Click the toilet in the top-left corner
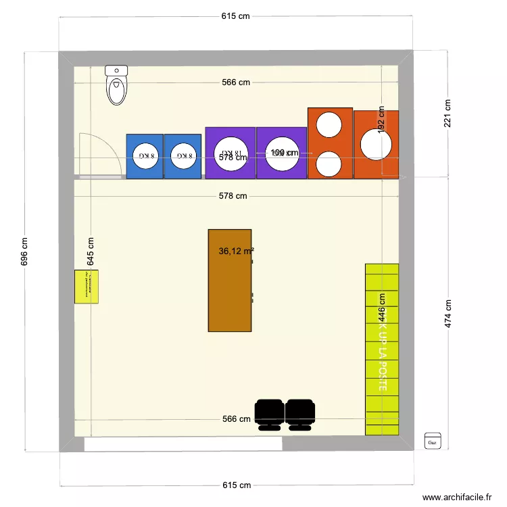117,86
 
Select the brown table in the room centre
230,281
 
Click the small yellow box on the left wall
87,287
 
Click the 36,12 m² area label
236,251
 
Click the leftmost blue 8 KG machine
145,156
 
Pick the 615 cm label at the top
236,17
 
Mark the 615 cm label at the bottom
236,485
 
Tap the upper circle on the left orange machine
330,124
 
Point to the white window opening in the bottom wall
183,444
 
